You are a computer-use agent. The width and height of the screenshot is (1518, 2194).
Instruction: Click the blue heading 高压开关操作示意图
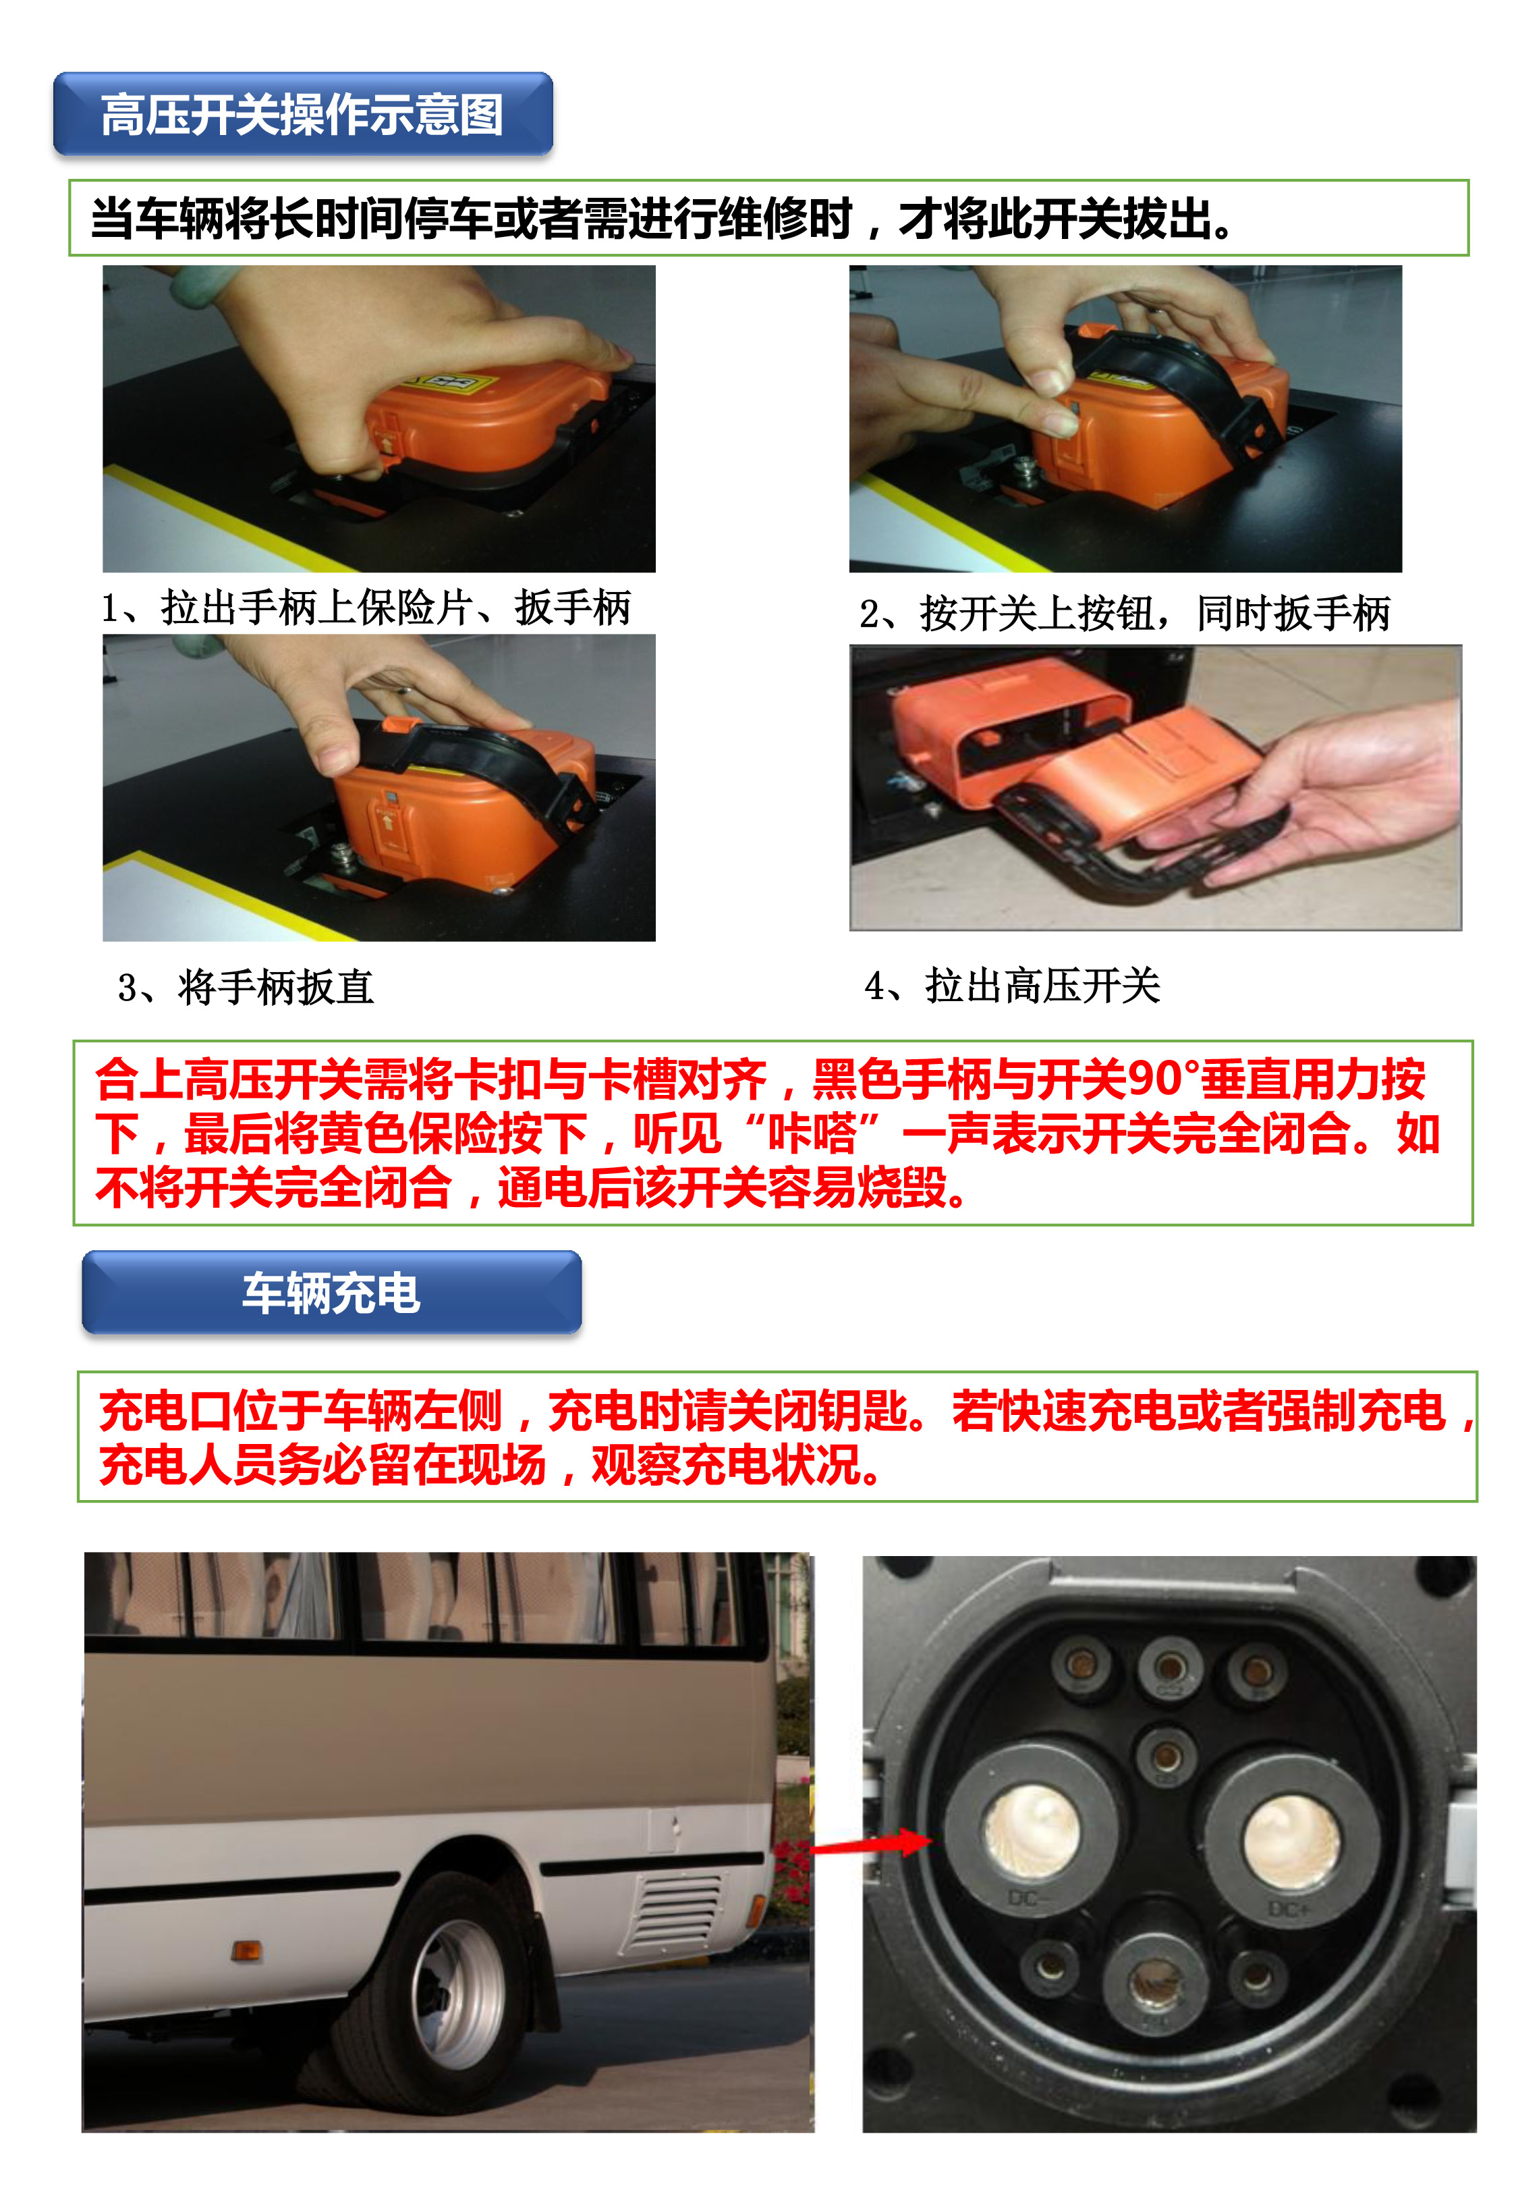point(302,114)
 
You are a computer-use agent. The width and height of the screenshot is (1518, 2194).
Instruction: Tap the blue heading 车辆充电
point(331,1293)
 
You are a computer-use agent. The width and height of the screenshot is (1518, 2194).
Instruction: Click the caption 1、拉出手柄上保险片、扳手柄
point(366,607)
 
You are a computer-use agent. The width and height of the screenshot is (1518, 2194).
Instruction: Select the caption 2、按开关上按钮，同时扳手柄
point(1125,613)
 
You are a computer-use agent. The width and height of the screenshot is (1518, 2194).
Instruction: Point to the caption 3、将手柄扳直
point(246,987)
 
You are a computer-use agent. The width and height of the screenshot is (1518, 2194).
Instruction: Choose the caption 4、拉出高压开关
point(1013,985)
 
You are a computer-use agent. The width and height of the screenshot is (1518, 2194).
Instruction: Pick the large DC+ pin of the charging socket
point(1293,1836)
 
